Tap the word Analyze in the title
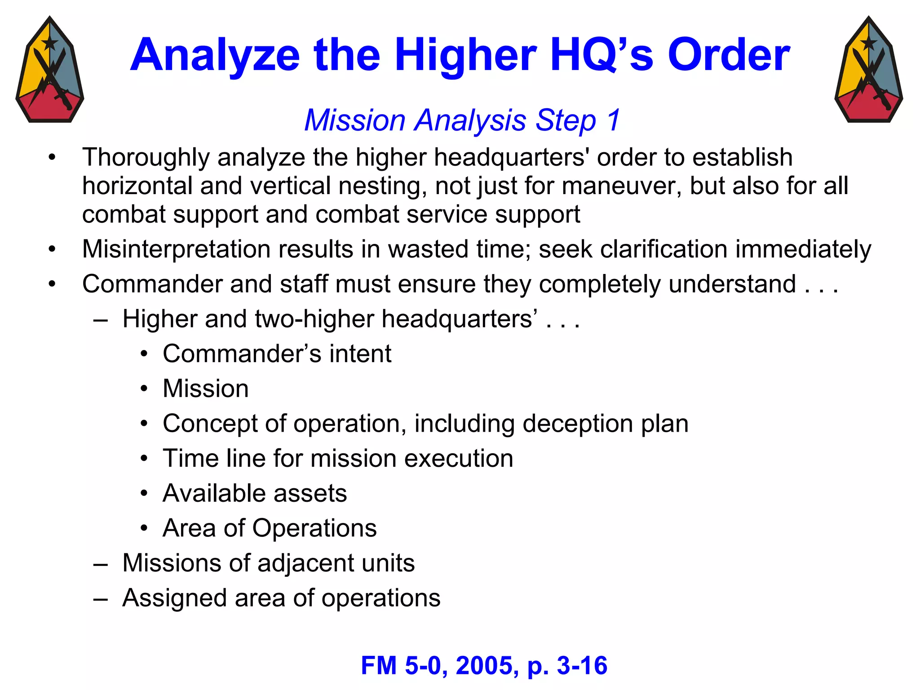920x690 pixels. pos(215,56)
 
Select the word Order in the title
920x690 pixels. pos(729,56)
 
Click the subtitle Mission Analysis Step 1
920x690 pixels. pos(462,120)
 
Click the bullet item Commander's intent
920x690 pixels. pos(277,354)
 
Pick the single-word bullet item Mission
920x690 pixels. pos(205,389)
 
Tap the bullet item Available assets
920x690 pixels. pos(255,493)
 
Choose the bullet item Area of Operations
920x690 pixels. pos(270,528)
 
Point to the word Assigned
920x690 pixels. pos(174,598)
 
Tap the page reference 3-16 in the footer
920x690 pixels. pos(582,666)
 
